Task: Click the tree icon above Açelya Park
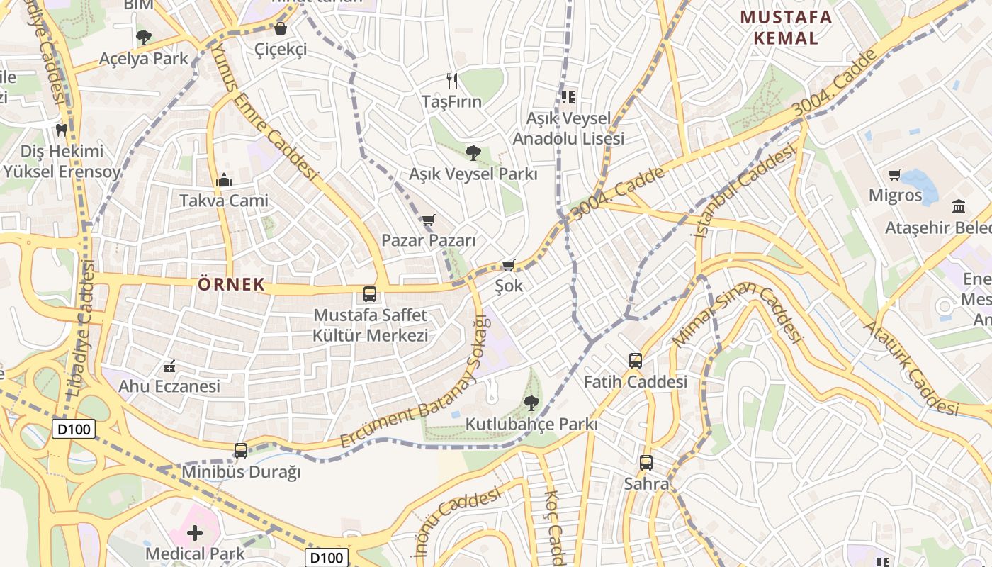[144, 37]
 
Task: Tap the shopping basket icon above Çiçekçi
[281, 28]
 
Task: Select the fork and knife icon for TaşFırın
[452, 81]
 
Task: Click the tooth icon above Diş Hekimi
[62, 130]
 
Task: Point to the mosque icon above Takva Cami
[224, 180]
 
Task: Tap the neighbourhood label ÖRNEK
[231, 285]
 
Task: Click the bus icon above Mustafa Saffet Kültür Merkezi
[370, 293]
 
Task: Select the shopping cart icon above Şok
[508, 266]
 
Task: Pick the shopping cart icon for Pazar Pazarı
[428, 220]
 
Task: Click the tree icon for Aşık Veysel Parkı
[473, 152]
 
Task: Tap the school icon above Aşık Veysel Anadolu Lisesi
[568, 96]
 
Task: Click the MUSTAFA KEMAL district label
[786, 27]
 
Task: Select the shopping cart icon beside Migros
[895, 174]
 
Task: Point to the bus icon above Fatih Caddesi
[636, 360]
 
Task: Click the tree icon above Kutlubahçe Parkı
[531, 403]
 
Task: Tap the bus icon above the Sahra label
[646, 463]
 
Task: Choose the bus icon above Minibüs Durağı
[241, 451]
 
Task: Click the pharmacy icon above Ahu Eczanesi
[169, 366]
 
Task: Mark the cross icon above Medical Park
[195, 532]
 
